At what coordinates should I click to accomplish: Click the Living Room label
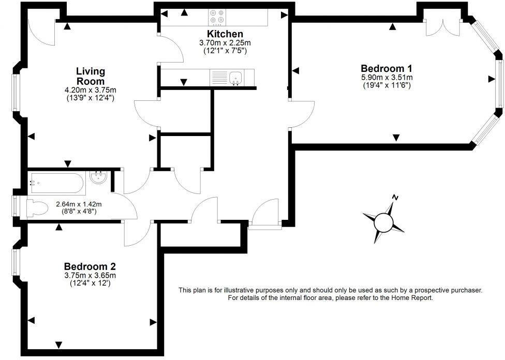[x=91, y=76]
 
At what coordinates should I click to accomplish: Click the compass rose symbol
[x=384, y=222]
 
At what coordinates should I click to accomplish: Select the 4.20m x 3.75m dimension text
[x=90, y=89]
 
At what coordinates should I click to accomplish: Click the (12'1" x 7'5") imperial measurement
[x=225, y=51]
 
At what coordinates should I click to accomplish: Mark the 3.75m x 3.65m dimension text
[x=90, y=276]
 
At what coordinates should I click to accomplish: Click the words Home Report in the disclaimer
[x=411, y=298]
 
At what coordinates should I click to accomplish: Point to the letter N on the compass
[x=395, y=197]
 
